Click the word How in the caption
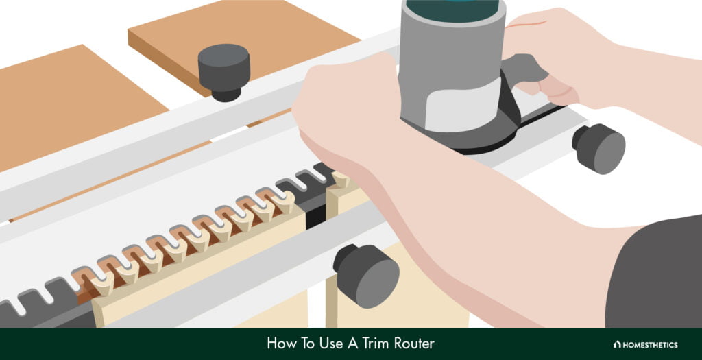(280, 344)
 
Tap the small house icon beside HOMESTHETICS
(617, 344)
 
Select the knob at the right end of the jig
(601, 147)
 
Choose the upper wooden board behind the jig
(240, 34)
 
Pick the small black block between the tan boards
(315, 217)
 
